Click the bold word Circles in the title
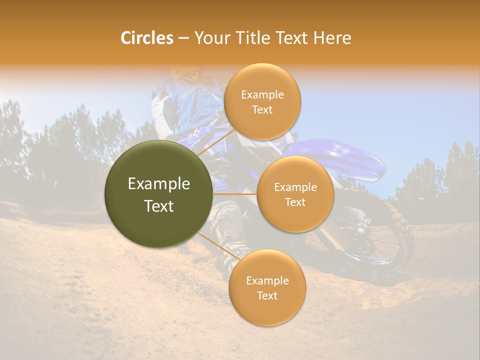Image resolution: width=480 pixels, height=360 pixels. click(146, 38)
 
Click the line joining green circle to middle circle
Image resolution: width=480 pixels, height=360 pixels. click(235, 194)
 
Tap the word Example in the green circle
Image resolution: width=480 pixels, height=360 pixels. click(159, 184)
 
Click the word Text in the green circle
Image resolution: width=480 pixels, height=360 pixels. click(159, 206)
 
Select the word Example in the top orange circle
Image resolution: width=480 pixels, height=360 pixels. click(262, 95)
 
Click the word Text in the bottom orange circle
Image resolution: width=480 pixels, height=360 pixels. click(267, 295)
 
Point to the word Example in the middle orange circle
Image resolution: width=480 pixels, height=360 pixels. click(295, 187)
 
